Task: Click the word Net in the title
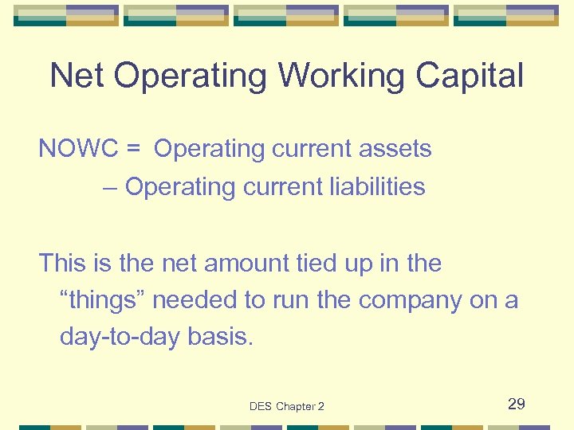click(x=77, y=76)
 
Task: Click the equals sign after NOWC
click(x=135, y=149)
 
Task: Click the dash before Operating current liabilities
click(x=110, y=187)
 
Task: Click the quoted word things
click(x=104, y=300)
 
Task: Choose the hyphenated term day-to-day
click(x=120, y=338)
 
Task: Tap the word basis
click(x=220, y=338)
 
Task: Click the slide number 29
click(x=517, y=405)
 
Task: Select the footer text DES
click(x=261, y=407)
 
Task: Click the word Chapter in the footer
click(x=296, y=407)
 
